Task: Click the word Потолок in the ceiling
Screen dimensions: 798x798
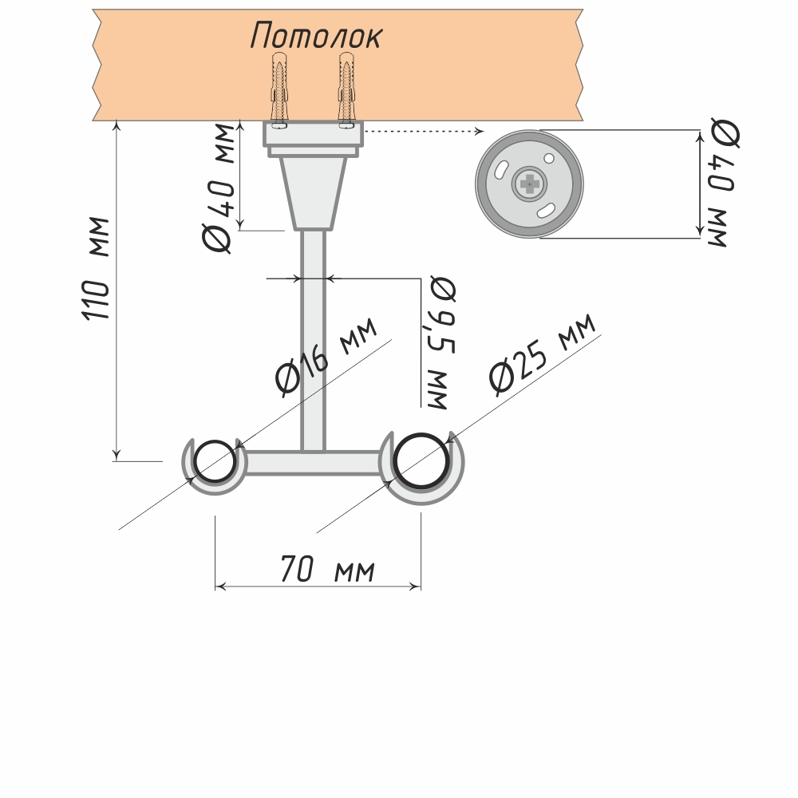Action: [x=317, y=35]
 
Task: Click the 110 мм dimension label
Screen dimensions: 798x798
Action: [x=97, y=268]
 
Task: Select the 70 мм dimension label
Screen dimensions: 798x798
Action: [x=327, y=570]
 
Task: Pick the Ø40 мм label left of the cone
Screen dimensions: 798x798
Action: [x=219, y=188]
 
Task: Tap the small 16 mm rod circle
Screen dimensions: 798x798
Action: [x=214, y=462]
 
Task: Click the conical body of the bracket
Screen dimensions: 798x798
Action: [x=313, y=190]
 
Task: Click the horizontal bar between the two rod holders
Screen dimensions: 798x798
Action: [x=311, y=463]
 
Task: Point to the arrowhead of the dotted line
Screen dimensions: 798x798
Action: [x=479, y=131]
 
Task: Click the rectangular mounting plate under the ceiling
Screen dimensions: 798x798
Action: [x=313, y=133]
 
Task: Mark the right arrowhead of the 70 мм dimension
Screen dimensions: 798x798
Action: [x=417, y=587]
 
